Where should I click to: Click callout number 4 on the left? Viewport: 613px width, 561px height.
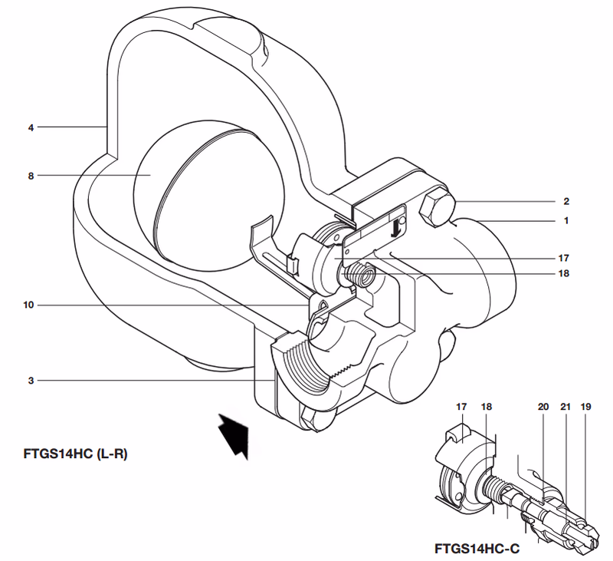(31, 126)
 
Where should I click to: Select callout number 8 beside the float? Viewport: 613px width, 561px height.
(31, 176)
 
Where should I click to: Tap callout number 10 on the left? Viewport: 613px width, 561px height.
(29, 305)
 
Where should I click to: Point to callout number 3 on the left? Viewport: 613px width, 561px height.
(31, 381)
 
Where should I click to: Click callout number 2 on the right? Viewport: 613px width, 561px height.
(565, 202)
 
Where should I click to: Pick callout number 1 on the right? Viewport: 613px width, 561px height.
(565, 221)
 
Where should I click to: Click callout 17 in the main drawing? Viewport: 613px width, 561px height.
(564, 258)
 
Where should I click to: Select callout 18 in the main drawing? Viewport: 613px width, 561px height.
(564, 273)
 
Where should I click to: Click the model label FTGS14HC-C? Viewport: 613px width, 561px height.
(476, 549)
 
